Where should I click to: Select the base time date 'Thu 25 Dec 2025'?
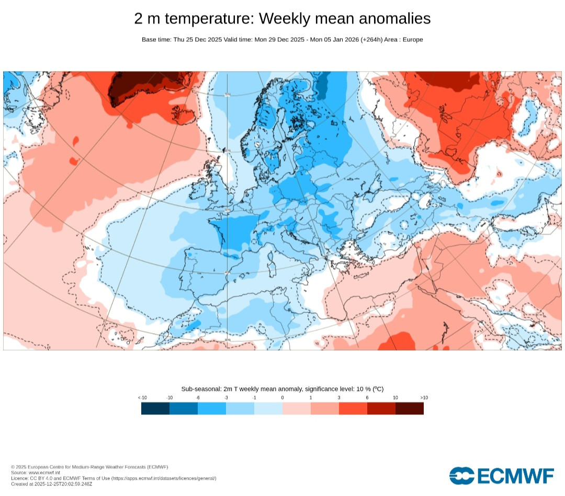197,40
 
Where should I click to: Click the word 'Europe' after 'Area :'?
413,40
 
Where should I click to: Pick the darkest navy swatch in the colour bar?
155,408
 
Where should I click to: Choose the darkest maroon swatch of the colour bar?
410,408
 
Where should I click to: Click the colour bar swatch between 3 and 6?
353,408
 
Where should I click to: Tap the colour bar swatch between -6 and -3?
212,408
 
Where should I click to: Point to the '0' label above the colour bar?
282,397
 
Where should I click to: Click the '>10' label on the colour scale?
424,397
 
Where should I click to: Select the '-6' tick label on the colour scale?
197,397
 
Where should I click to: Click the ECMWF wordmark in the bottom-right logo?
516,476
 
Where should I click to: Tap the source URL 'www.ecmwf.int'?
44,472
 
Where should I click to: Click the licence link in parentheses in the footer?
164,478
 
